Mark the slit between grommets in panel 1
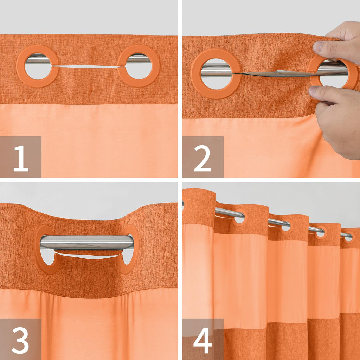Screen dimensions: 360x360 pos(88,66)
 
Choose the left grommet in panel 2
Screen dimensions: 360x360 pos(216,74)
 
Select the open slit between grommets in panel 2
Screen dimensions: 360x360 pos(274,73)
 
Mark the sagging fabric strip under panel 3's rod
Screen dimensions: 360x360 pos(86,256)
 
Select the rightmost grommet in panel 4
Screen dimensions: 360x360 pos(348,237)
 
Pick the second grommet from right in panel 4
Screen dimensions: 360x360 pos(320,232)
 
